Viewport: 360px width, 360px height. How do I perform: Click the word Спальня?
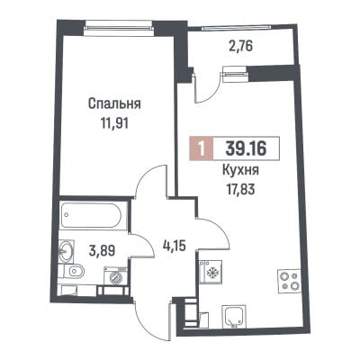tap(114, 104)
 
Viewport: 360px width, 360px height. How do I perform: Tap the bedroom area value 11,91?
tap(114, 123)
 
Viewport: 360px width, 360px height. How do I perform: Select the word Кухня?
tap(240, 171)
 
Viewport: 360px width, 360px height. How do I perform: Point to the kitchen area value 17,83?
tap(240, 189)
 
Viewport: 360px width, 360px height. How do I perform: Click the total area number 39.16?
tap(246, 148)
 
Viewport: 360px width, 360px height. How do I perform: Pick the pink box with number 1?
tap(202, 148)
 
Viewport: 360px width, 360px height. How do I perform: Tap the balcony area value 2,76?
tap(241, 47)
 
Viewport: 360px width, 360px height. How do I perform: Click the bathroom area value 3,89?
tap(102, 249)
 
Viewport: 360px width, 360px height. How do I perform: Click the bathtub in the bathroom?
tap(92, 216)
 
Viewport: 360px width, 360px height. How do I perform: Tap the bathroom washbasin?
tap(66, 251)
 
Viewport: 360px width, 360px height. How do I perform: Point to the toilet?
tap(72, 272)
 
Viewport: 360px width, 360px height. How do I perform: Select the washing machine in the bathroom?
tap(115, 276)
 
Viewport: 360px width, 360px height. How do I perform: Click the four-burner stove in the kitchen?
tap(289, 281)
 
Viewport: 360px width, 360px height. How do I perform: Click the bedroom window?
tap(119, 28)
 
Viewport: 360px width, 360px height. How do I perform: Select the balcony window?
tap(237, 29)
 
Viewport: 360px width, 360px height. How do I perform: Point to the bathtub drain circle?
tap(67, 215)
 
